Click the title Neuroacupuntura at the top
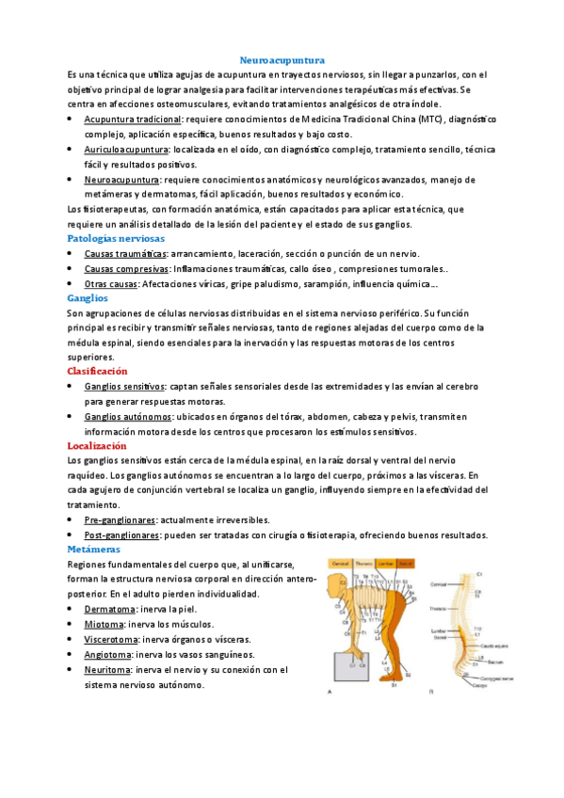[282, 58]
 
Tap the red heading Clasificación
[99, 371]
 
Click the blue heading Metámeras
[94, 549]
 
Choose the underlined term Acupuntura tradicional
[133, 120]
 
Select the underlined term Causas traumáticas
[125, 254]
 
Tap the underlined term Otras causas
[110, 283]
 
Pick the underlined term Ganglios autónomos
[127, 415]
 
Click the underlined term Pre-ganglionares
[121, 519]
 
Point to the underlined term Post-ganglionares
[121, 535]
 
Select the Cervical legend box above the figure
[337, 563]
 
